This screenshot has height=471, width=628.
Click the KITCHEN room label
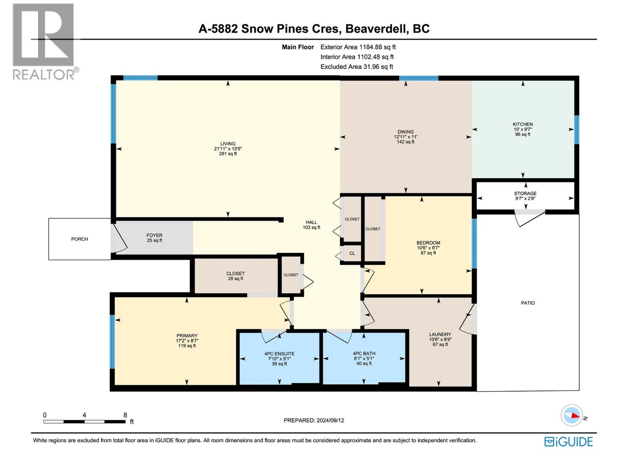coord(522,124)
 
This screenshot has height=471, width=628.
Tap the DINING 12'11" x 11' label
coord(405,137)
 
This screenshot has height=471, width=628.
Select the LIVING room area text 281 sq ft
coord(228,154)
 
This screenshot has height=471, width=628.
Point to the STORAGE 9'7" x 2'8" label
coord(525,196)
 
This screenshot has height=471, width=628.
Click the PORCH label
coord(80,239)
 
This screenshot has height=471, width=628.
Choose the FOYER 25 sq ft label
coord(154,238)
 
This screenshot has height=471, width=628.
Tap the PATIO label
coord(528,303)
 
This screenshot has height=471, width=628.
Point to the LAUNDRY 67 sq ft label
coord(440,340)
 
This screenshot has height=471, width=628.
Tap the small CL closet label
coord(352,254)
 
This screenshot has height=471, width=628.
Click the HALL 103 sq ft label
coord(311,225)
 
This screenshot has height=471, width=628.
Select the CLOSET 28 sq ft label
coord(235,276)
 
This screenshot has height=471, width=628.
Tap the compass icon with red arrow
coord(571,415)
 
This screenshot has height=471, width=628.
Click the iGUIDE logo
coord(568,442)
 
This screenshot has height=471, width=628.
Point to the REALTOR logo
coord(44,42)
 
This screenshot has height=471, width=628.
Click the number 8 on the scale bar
coord(125,415)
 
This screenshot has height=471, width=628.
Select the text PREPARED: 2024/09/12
coord(314,420)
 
